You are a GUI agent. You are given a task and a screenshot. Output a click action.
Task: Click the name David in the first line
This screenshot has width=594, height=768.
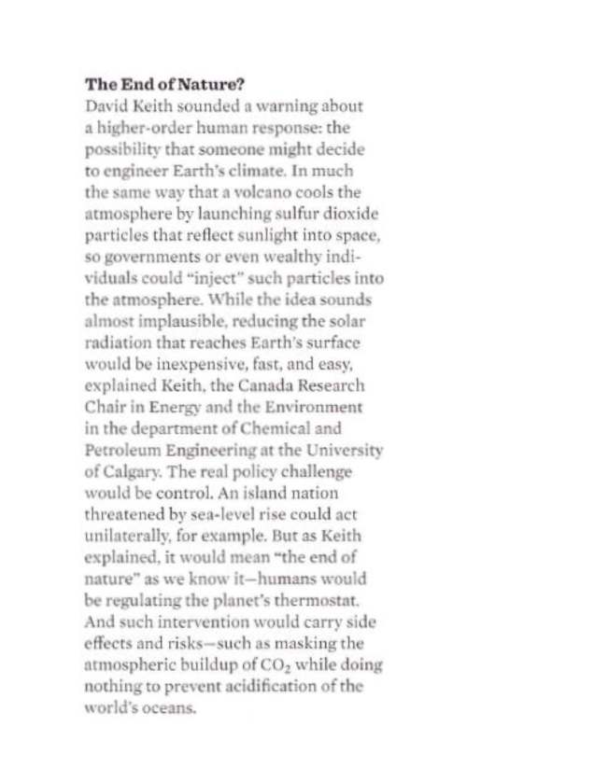coord(106,105)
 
